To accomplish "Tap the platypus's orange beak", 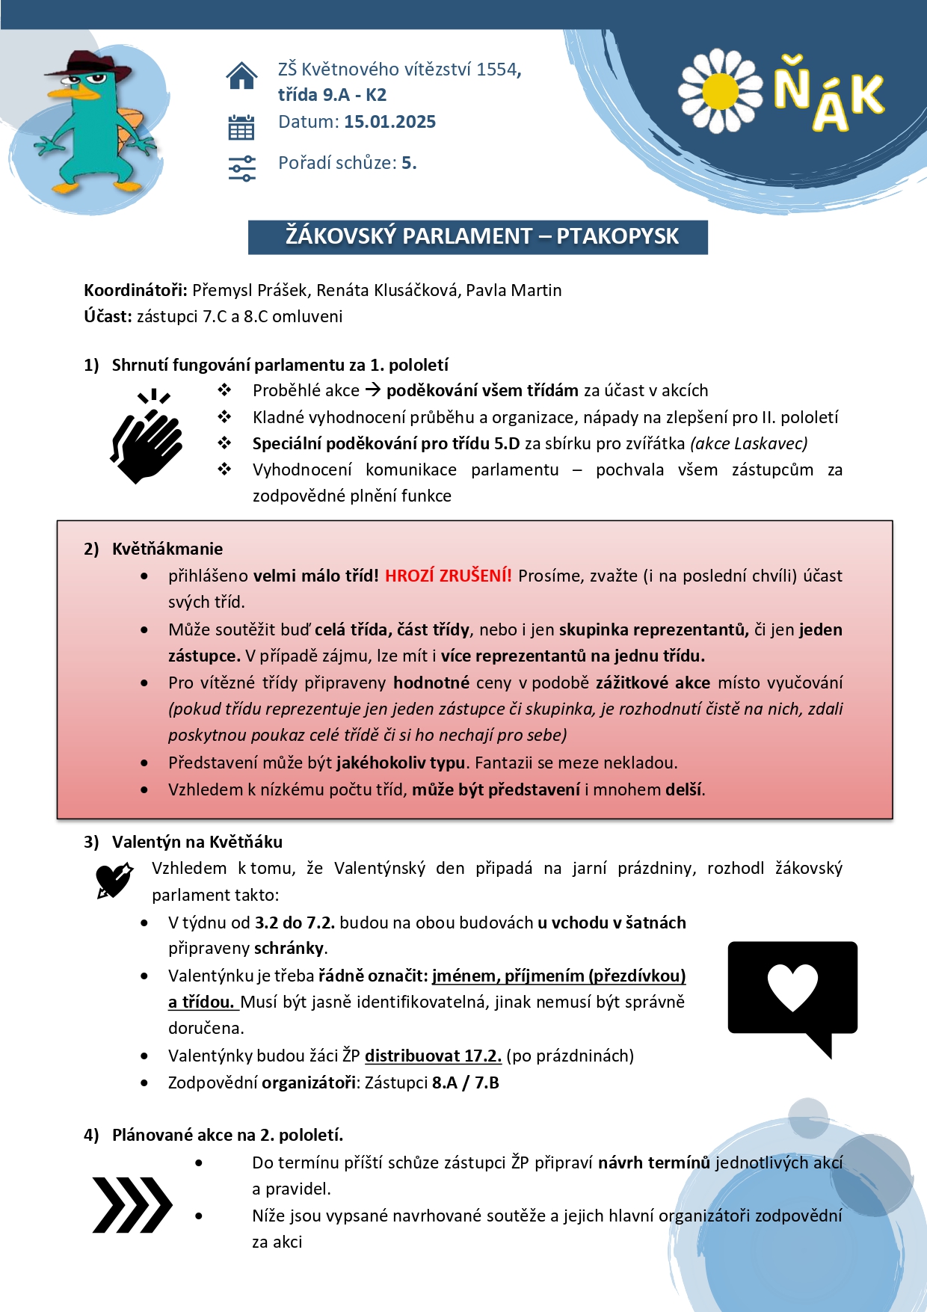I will point(78,93).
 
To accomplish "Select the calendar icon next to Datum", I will point(241,128).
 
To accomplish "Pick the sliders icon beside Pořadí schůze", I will point(241,168).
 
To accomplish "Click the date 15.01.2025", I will point(389,122).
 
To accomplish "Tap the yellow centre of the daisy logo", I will point(721,91).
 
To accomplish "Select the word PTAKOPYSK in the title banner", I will point(618,236).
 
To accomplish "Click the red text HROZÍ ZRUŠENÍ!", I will point(449,576).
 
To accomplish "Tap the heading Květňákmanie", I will point(167,549).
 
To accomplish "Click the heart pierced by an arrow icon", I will point(114,879).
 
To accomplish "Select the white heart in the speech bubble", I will point(792,987).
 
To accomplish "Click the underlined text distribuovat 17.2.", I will point(433,1056).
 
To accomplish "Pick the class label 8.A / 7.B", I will point(466,1082).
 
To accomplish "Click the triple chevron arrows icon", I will point(132,1204).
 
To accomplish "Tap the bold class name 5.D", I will point(507,443).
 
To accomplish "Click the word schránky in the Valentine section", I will point(289,948).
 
